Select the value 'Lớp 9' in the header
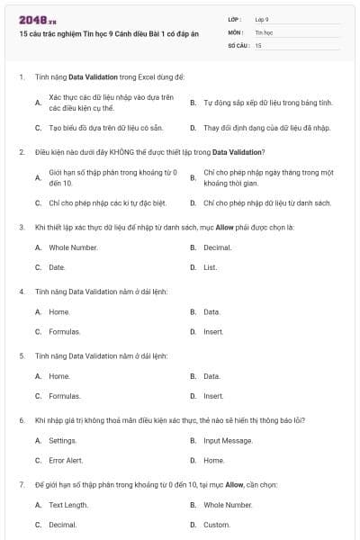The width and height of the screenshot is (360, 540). (262, 19)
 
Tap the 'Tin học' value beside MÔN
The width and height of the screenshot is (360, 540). (263, 31)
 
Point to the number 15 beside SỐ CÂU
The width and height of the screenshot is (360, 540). (258, 44)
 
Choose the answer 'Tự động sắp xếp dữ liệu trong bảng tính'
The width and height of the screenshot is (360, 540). (267, 103)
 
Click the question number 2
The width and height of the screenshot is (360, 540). (21, 152)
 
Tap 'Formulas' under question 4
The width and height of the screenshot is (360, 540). (64, 331)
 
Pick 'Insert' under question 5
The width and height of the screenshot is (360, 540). (213, 395)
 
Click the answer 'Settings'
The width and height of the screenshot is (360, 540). (62, 441)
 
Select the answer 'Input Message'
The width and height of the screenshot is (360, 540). (228, 441)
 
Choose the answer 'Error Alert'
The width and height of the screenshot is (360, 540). (65, 460)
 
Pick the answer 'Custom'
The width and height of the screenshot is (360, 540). (216, 524)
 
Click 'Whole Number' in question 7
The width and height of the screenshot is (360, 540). (227, 505)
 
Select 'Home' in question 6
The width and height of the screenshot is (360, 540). (213, 460)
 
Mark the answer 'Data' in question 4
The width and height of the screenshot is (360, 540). (211, 312)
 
